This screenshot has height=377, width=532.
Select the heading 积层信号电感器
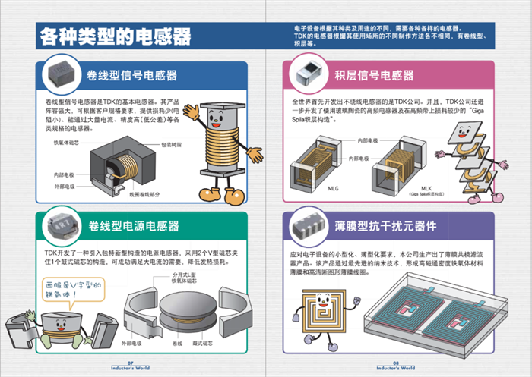pyautogui.click(x=374, y=75)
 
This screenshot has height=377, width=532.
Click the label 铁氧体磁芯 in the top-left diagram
pyautogui.click(x=66, y=142)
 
